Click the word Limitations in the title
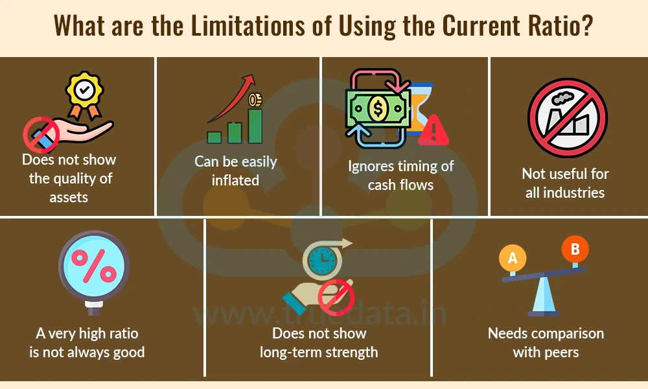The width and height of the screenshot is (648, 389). (248, 26)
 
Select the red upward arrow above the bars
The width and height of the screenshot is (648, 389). (231, 99)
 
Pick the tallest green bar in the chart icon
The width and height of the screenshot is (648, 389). (255, 126)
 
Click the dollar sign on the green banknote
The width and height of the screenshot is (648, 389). (378, 108)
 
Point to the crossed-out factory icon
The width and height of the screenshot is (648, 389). (568, 118)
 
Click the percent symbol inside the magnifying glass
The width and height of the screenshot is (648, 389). (94, 266)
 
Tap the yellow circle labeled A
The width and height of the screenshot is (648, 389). (513, 258)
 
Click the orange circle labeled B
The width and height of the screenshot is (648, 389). (575, 249)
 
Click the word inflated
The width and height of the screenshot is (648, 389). (235, 180)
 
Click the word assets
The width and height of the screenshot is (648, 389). (69, 198)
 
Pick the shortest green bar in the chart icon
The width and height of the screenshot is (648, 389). (214, 137)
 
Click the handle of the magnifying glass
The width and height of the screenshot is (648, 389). (94, 308)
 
